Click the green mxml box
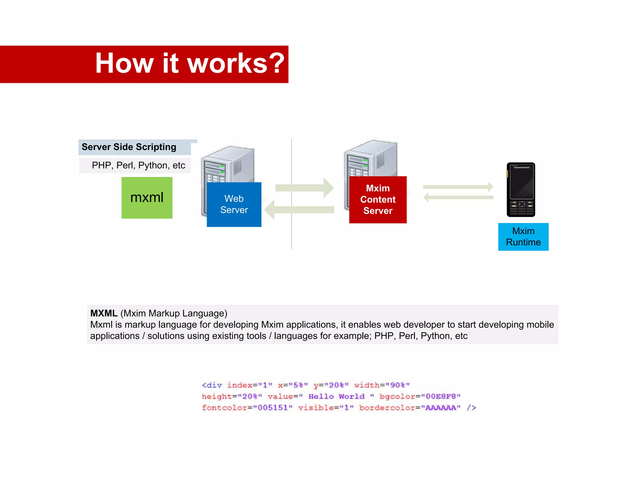pyautogui.click(x=147, y=198)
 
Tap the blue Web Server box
pyautogui.click(x=234, y=205)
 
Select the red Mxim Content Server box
pyautogui.click(x=378, y=200)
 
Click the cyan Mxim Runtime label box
pyautogui.click(x=523, y=237)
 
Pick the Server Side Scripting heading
pyautogui.click(x=129, y=147)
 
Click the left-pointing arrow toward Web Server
pyautogui.click(x=299, y=210)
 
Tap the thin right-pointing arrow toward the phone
pyautogui.click(x=458, y=187)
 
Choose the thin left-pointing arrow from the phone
pyautogui.click(x=458, y=198)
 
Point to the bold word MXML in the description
pyautogui.click(x=104, y=313)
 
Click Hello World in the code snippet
pyautogui.click(x=336, y=396)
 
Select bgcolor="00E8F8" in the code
pyautogui.click(x=420, y=396)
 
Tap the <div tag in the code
pyautogui.click(x=212, y=385)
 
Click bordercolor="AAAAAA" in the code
pyautogui.click(x=410, y=408)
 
